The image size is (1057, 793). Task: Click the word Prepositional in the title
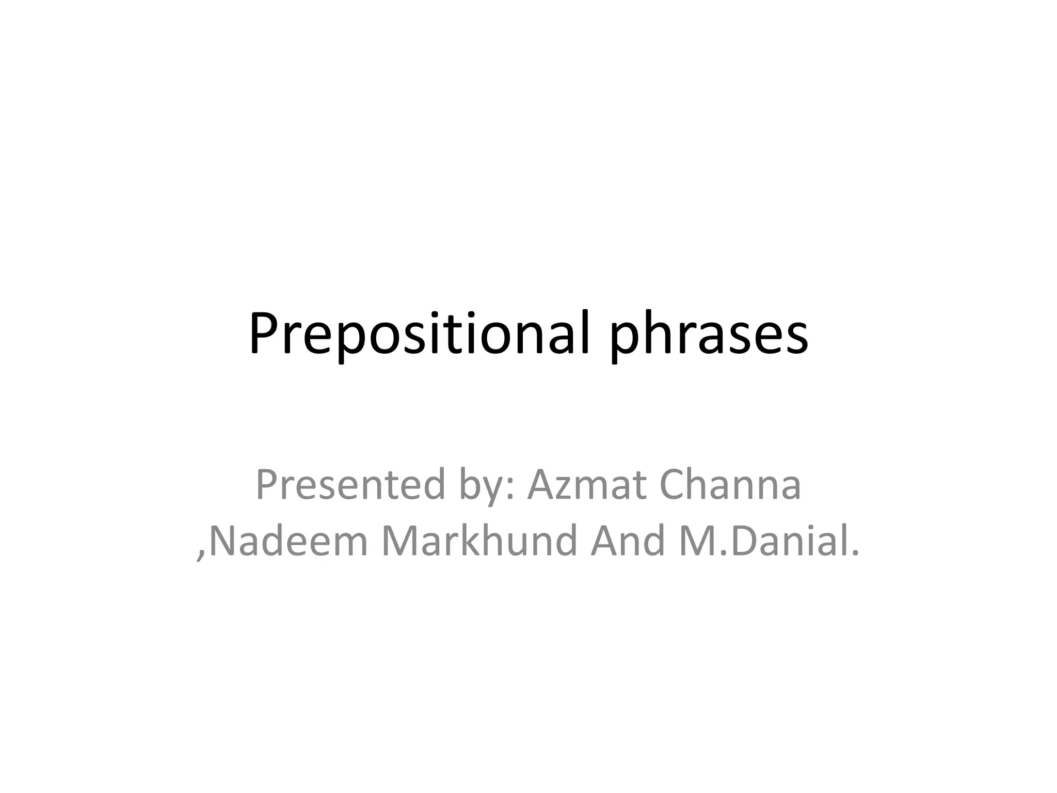(418, 335)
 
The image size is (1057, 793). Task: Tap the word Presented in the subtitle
(350, 485)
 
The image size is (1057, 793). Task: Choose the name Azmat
(585, 485)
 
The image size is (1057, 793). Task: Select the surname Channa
(730, 485)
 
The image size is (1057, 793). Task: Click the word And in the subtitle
(627, 541)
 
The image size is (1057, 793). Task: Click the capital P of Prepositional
(261, 335)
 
